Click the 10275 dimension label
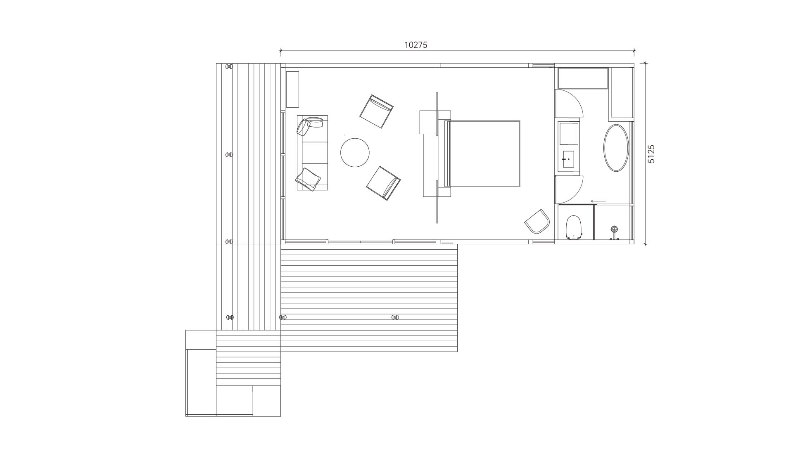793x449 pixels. point(415,45)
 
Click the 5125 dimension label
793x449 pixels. point(651,154)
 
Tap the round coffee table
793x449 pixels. point(355,153)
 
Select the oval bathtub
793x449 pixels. point(616,148)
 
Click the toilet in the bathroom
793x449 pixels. point(574,227)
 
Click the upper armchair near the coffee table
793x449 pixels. point(376,112)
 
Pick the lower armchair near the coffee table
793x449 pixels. point(383,183)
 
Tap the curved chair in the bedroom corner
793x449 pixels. point(537,221)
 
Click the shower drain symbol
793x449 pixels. point(615,229)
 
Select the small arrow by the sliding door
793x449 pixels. point(598,201)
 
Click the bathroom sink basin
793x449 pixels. point(568,159)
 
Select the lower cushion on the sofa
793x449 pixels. point(308,179)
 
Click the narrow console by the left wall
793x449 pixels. point(292,90)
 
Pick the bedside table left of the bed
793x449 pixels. point(428,122)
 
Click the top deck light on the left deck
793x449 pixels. point(229,66)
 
